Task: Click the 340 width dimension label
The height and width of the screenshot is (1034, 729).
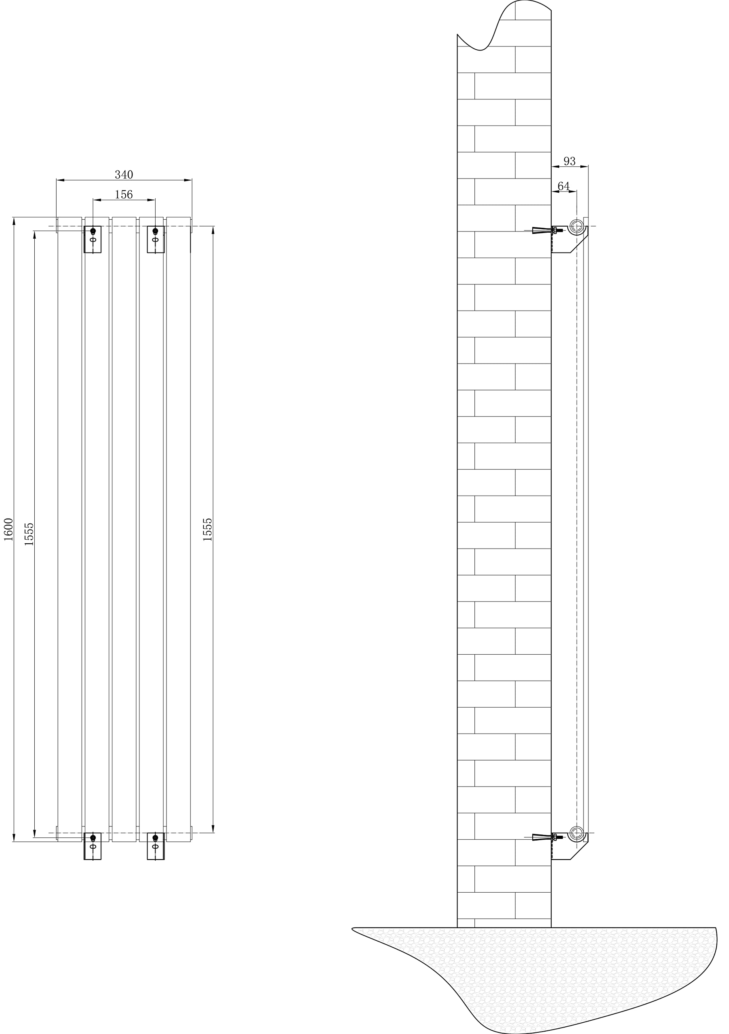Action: (124, 174)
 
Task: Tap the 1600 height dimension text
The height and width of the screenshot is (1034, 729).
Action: (8, 529)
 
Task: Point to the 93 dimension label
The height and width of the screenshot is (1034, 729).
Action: (569, 161)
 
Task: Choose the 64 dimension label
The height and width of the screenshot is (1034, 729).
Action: (564, 186)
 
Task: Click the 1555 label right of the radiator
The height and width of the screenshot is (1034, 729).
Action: (207, 529)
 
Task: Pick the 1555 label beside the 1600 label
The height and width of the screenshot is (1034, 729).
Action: (29, 534)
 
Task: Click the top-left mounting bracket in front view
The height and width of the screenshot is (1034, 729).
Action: (93, 240)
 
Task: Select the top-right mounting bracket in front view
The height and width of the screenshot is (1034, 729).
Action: (156, 240)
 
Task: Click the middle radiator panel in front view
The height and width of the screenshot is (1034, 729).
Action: (124, 529)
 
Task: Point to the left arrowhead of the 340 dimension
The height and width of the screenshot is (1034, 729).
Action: (60, 180)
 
